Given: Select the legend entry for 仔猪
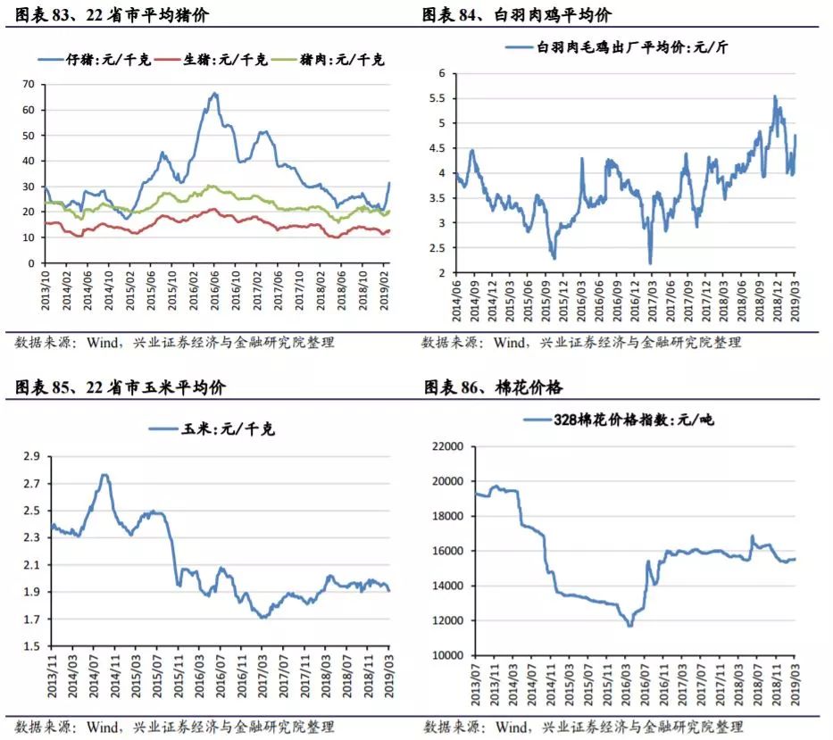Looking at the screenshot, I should pyautogui.click(x=98, y=60).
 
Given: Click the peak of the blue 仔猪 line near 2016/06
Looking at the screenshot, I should pyautogui.click(x=214, y=93).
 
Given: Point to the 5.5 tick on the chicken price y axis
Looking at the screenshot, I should pyautogui.click(x=437, y=97).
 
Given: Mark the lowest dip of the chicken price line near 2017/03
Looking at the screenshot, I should pyautogui.click(x=650, y=262).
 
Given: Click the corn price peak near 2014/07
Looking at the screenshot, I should pyautogui.click(x=104, y=475).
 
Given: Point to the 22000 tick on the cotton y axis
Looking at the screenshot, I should pyautogui.click(x=446, y=446).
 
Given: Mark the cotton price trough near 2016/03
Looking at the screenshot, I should pyautogui.click(x=630, y=625).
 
